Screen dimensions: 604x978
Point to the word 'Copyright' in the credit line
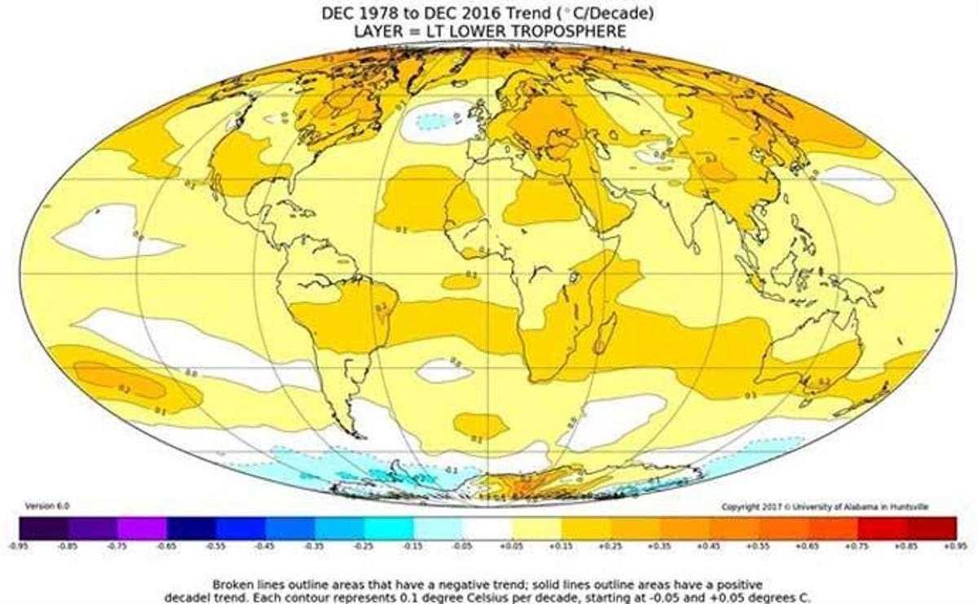point(739,507)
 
